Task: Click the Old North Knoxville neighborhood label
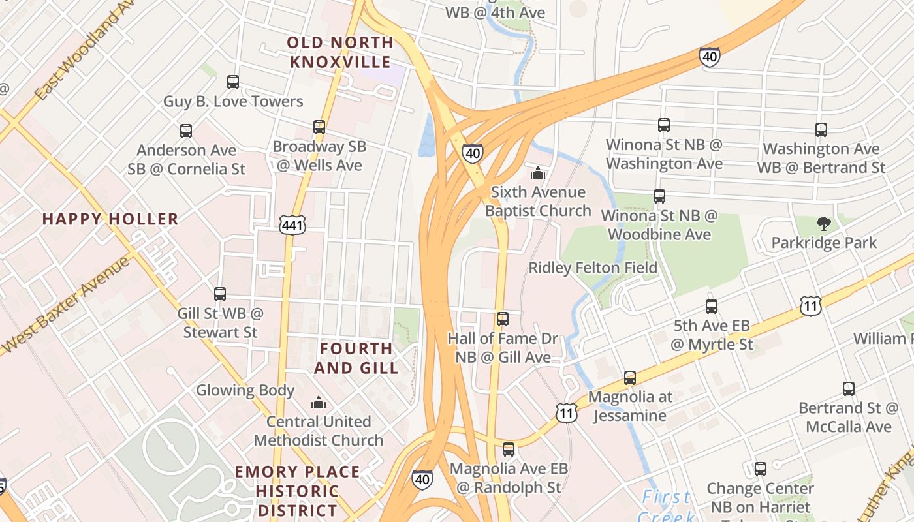(340, 52)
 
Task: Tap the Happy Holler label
(110, 219)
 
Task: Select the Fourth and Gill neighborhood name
(356, 358)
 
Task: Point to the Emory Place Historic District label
(297, 490)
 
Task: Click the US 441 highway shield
(292, 224)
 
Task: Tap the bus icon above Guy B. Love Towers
(233, 82)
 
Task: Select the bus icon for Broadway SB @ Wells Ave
(319, 127)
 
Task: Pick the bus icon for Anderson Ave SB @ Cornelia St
(186, 131)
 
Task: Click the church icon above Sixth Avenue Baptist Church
(537, 173)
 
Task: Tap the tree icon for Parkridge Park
(824, 224)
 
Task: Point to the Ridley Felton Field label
(593, 268)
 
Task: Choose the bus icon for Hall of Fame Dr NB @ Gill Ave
(502, 319)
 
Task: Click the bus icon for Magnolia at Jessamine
(629, 378)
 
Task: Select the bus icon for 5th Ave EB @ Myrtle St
(712, 307)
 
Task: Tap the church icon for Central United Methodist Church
(319, 403)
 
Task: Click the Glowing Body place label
(245, 390)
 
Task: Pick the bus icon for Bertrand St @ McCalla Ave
(849, 389)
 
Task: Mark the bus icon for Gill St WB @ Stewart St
(220, 294)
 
